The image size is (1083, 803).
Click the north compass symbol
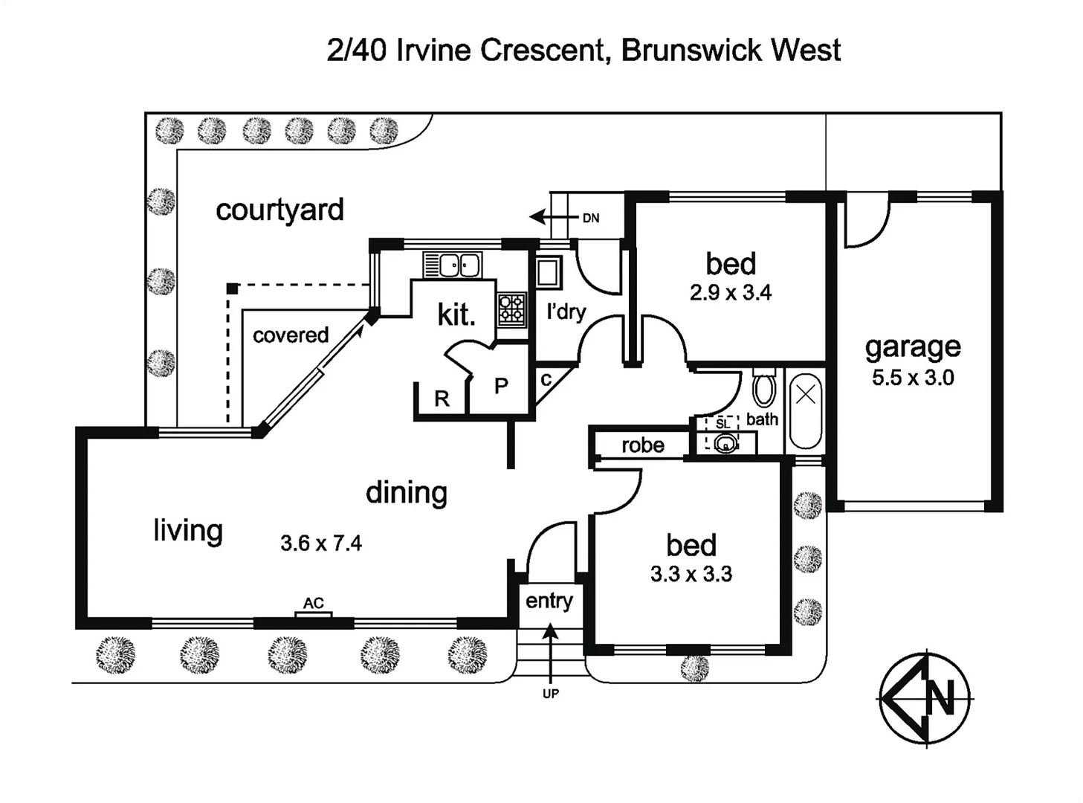(x=925, y=698)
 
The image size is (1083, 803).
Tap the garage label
(x=913, y=347)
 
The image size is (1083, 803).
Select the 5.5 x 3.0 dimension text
(x=913, y=378)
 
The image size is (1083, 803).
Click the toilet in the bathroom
(x=764, y=388)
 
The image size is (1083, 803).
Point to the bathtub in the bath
(x=805, y=411)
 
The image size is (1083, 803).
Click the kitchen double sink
(x=452, y=265)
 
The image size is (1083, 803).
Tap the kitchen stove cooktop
(x=512, y=309)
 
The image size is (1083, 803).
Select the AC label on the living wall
(x=314, y=603)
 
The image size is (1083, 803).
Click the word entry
(x=549, y=600)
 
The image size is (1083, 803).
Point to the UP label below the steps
(x=551, y=694)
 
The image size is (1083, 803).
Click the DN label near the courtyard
(x=591, y=218)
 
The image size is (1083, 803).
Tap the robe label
(x=643, y=445)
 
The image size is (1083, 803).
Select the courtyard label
(x=279, y=210)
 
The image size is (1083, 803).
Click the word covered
(x=291, y=335)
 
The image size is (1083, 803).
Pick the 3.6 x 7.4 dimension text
(x=321, y=544)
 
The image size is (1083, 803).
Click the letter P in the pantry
(x=502, y=385)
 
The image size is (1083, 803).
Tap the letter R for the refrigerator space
(x=442, y=399)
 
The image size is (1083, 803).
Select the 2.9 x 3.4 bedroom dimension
(x=731, y=293)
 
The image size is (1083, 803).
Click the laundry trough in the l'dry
(x=549, y=273)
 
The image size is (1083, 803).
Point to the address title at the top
(x=583, y=51)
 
